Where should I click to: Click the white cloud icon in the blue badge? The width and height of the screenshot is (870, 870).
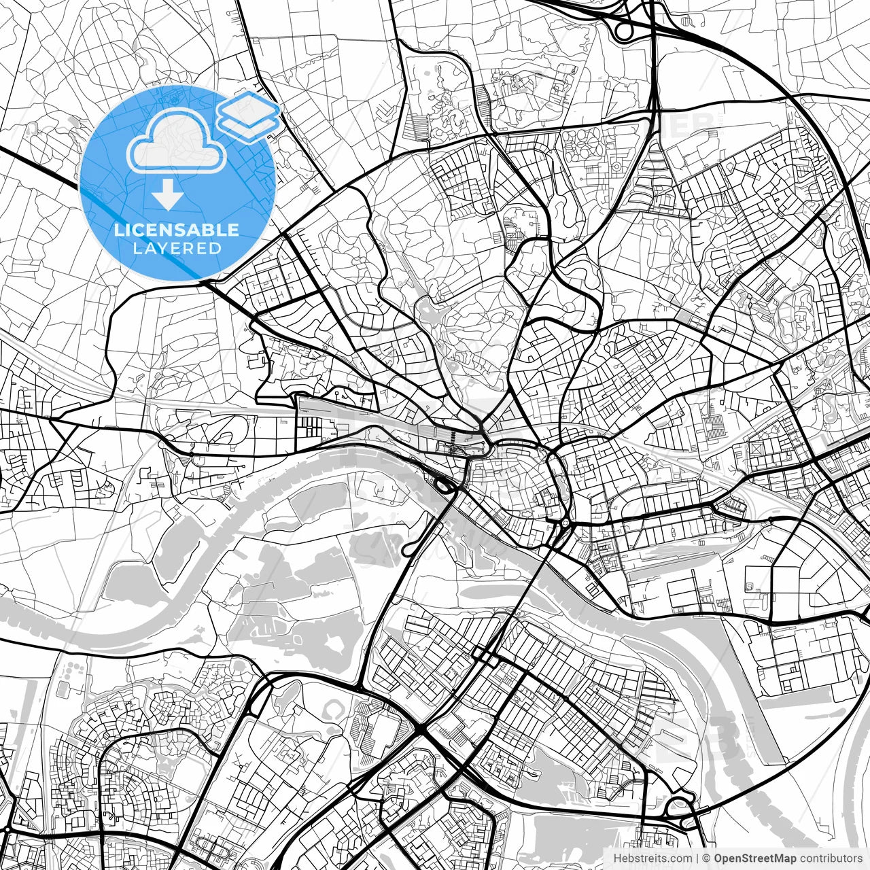(x=177, y=141)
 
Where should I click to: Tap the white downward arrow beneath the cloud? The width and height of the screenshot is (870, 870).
(x=167, y=196)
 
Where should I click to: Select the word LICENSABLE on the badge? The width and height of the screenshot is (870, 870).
(x=177, y=230)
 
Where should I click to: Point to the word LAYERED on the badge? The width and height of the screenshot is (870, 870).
(x=177, y=248)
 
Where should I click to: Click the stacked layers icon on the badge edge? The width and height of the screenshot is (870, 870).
(x=249, y=116)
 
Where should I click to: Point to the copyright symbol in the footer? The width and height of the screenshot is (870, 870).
(x=706, y=858)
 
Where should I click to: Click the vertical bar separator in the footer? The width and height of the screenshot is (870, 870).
(x=697, y=858)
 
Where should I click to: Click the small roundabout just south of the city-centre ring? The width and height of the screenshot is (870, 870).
(x=565, y=523)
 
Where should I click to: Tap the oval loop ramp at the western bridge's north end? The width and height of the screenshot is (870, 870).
(x=442, y=486)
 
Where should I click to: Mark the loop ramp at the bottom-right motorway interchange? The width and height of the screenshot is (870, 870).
(x=679, y=808)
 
